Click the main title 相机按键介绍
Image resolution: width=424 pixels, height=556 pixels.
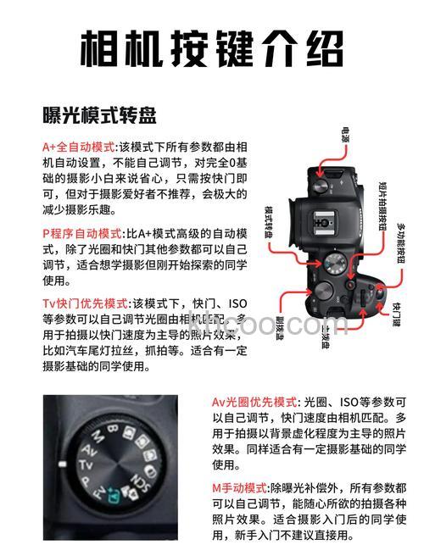pyautogui.click(x=212, y=48)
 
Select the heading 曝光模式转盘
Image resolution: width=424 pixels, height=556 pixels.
pyautogui.click(x=99, y=114)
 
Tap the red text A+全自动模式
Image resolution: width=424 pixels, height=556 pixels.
pyautogui.click(x=80, y=146)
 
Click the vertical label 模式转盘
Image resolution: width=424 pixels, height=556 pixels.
pyautogui.click(x=269, y=222)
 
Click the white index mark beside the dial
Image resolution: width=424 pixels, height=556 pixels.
pyautogui.click(x=60, y=464)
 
